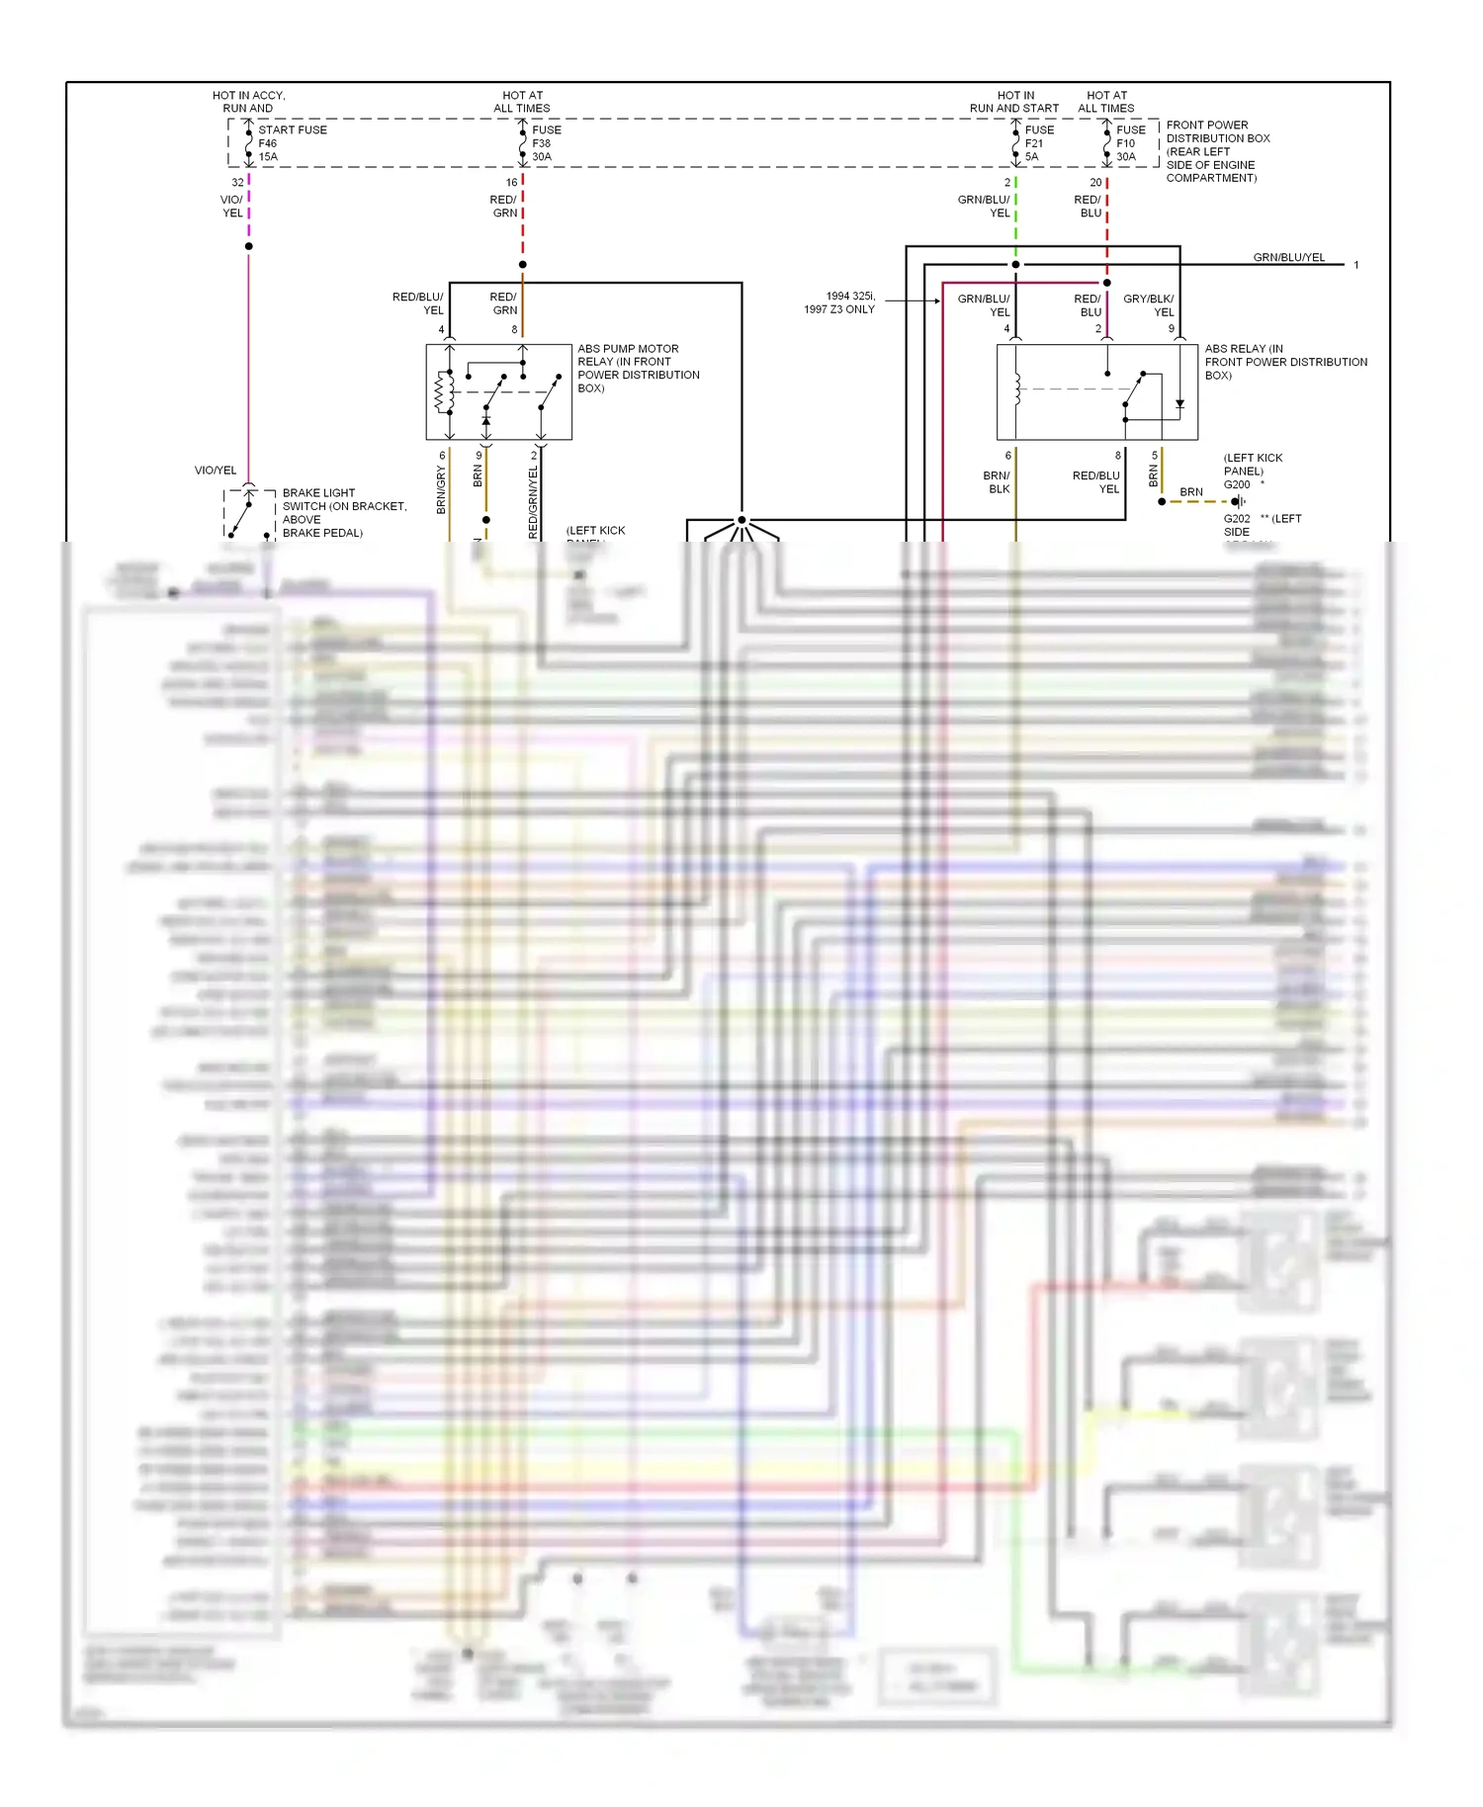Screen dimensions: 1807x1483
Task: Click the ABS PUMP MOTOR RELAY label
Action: point(638,368)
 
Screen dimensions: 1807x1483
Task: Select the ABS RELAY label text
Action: point(1284,362)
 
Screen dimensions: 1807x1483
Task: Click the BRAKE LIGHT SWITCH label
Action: point(343,512)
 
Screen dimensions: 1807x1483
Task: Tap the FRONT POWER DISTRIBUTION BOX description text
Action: point(1217,151)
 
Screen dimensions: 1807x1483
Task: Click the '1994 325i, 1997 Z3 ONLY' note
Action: point(839,302)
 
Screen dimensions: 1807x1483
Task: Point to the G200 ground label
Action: point(1237,484)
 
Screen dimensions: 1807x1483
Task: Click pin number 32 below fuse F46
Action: point(237,183)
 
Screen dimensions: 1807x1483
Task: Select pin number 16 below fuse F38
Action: point(511,183)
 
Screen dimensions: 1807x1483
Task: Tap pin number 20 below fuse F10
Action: point(1095,183)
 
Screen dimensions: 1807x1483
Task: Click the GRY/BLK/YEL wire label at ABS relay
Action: point(1149,304)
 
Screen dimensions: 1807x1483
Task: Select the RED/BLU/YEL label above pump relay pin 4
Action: point(418,302)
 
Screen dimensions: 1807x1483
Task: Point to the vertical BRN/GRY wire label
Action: point(441,489)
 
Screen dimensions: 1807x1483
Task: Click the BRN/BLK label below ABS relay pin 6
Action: point(997,482)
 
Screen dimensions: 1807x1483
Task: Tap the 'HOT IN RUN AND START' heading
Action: point(1014,102)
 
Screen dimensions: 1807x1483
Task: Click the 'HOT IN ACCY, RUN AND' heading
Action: point(248,102)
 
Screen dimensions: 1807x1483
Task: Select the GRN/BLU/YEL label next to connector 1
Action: point(1288,257)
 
